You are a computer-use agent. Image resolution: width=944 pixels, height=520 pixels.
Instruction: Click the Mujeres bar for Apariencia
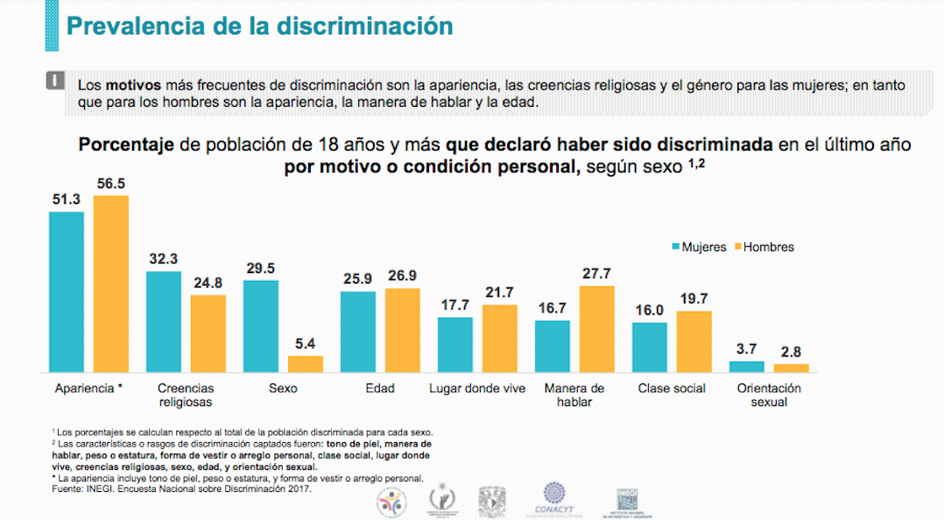pos(67,292)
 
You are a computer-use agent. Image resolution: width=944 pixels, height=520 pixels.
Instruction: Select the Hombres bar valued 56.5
pos(111,285)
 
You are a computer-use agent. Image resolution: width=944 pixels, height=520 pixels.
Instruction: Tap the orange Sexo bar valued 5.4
pos(306,364)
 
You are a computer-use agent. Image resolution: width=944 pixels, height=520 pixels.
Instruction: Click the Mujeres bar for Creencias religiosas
pos(164,322)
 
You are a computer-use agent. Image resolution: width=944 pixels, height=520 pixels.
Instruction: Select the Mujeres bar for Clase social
pos(650,348)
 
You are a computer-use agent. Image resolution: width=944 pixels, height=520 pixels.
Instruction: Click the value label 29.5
pos(260,269)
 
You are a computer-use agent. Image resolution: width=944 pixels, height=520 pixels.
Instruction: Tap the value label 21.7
pos(499,292)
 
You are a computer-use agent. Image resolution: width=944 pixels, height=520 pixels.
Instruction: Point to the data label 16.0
pos(649,310)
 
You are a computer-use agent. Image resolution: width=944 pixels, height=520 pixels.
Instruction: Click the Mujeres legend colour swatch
pos(676,248)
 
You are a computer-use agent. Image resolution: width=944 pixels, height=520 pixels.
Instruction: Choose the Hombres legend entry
pos(764,248)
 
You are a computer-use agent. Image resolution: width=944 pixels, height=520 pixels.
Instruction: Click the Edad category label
pos(379,389)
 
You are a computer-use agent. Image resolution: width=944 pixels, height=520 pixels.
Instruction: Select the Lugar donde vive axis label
pos(477,389)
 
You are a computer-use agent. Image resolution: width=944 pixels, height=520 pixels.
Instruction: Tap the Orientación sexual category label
pos(768,395)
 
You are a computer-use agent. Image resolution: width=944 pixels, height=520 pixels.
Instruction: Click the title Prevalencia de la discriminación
pos(259,26)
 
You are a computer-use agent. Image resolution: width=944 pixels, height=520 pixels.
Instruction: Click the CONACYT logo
pos(556,499)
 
